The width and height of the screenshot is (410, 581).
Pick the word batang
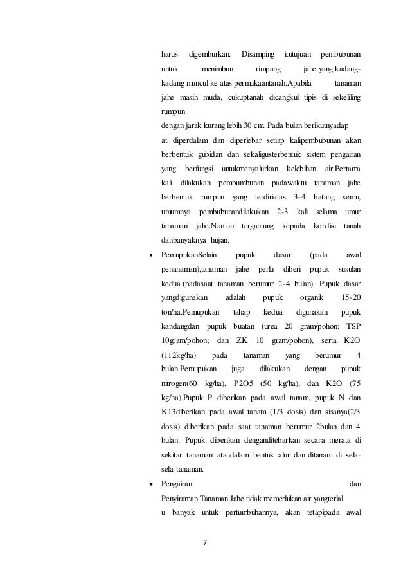328,196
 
